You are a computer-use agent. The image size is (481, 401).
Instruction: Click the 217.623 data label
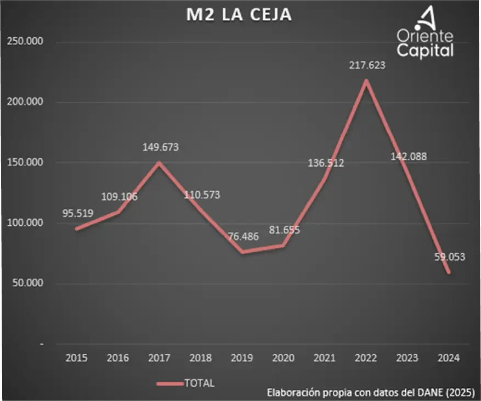click(x=367, y=65)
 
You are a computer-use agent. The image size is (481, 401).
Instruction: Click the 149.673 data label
click(x=160, y=147)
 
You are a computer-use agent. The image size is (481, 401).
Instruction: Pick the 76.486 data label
click(x=241, y=237)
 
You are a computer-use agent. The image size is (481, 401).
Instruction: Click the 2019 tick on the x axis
click(x=242, y=358)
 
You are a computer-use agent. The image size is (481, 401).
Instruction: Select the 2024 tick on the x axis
click(x=448, y=358)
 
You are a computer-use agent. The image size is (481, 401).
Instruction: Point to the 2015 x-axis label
click(x=76, y=358)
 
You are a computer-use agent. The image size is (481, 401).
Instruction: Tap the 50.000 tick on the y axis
click(x=25, y=283)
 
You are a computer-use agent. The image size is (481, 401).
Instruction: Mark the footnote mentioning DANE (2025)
click(x=370, y=393)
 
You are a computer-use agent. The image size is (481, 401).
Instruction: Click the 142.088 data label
click(x=408, y=157)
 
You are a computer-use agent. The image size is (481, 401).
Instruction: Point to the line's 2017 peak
click(x=159, y=163)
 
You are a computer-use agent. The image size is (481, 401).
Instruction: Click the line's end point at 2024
click(x=449, y=272)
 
